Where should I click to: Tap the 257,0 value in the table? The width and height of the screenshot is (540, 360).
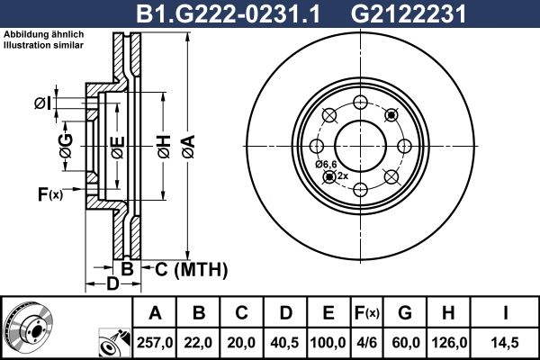pos(155,340)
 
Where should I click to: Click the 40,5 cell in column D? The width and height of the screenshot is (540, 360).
pos(285,340)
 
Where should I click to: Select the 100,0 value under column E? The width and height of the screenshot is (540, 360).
pos(328,340)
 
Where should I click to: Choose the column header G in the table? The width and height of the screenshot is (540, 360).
pos(405,312)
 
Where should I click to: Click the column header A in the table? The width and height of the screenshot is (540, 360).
pos(155,312)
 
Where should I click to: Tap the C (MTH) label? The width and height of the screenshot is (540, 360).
pos(191,269)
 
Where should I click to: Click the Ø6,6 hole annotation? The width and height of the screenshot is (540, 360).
pos(326,164)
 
